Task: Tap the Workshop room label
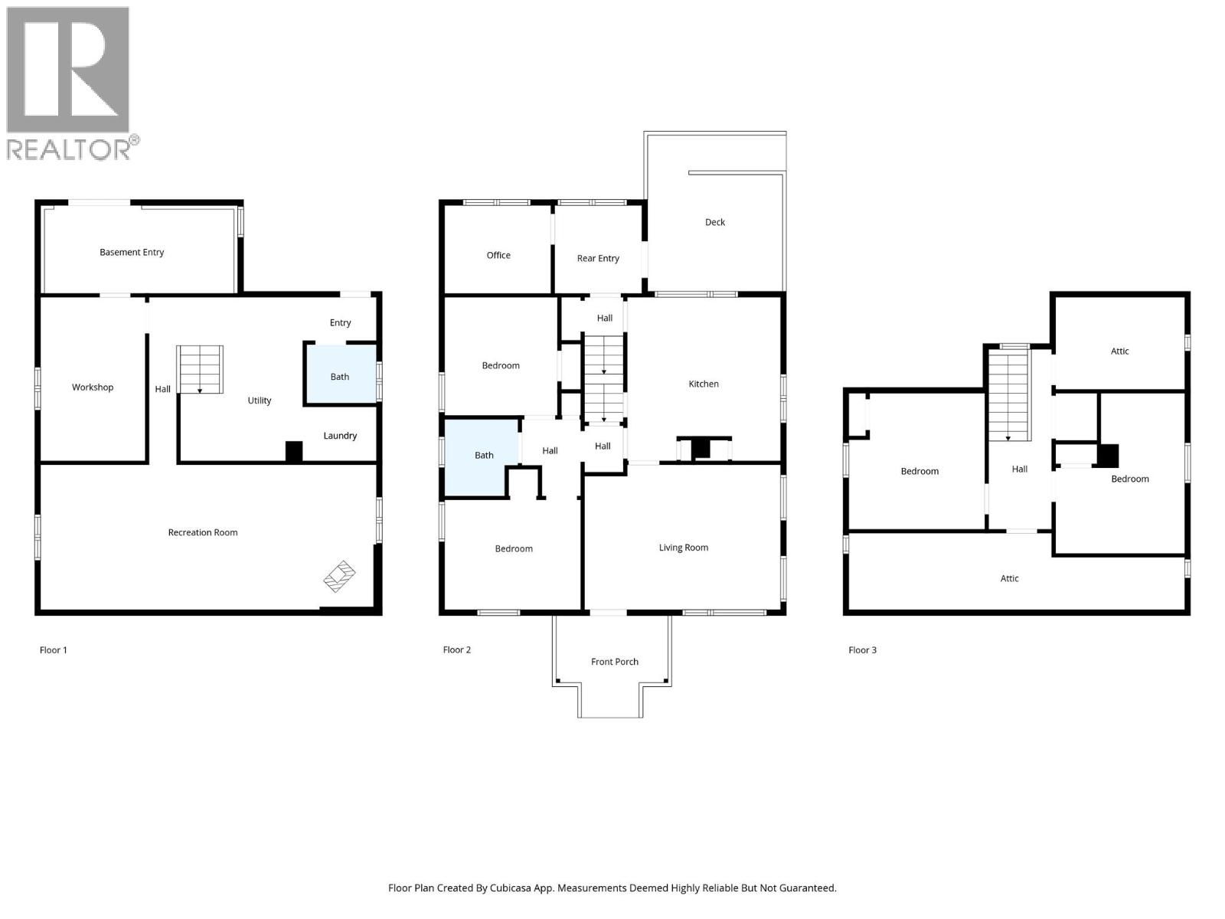tap(93, 388)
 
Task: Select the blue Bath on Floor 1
tap(341, 374)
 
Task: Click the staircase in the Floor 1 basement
tap(200, 369)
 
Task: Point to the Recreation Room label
tap(203, 533)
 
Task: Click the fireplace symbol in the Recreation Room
tap(340, 576)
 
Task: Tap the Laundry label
tap(340, 436)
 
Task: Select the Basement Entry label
tap(132, 253)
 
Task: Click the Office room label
tap(498, 256)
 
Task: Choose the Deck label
tap(715, 223)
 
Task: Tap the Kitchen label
tap(704, 384)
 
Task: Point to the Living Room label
tap(684, 548)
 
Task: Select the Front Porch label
tap(614, 662)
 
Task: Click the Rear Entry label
tap(598, 259)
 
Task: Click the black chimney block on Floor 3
tap(1107, 456)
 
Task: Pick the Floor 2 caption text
tap(457, 650)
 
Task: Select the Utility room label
tap(260, 401)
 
